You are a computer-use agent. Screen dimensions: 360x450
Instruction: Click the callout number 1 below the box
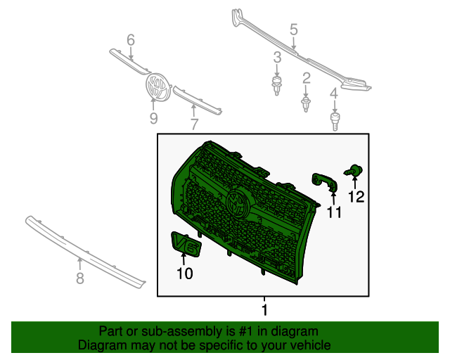point(264,309)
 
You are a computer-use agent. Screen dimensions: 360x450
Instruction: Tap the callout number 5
point(294,30)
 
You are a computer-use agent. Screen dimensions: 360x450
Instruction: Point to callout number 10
point(184,274)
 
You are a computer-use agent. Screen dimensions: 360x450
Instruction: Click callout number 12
point(356,197)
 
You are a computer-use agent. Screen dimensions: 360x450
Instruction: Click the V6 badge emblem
point(186,244)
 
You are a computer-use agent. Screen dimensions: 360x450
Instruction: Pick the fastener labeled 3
point(278,85)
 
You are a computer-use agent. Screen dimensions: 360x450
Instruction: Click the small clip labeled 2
point(306,104)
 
